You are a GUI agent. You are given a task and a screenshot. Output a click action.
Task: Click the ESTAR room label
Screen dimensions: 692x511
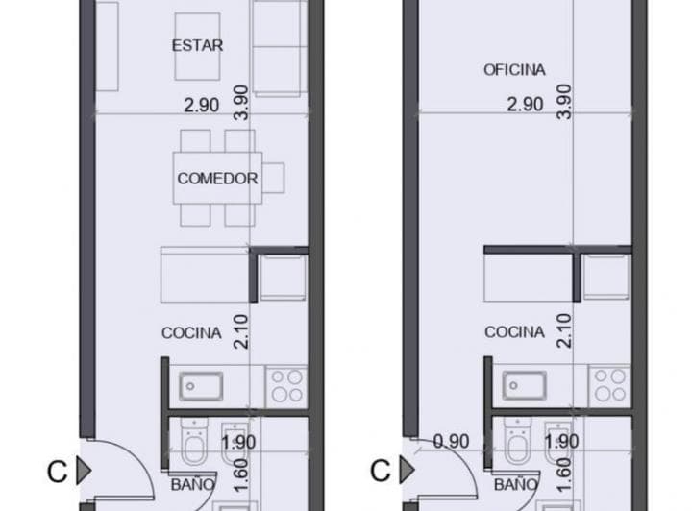(x=197, y=45)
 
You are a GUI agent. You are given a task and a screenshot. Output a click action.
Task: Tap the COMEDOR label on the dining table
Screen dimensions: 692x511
(x=217, y=179)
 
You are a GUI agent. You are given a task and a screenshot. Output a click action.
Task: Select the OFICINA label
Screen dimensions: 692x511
(x=514, y=70)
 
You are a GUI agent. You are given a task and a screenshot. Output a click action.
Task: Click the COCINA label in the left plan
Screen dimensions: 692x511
(x=191, y=333)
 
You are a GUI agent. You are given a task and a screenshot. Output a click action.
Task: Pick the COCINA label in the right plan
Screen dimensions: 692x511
(x=514, y=332)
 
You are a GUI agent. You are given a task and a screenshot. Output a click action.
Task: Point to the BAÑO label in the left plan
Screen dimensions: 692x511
(x=193, y=484)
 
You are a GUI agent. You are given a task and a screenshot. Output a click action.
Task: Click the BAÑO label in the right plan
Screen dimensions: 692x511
(x=516, y=484)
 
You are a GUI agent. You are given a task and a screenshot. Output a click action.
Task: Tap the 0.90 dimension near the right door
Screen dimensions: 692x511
(x=451, y=441)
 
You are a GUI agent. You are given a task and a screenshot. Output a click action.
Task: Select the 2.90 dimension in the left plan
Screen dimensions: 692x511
(x=201, y=106)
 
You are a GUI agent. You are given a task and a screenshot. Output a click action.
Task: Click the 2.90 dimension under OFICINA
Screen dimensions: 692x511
(x=525, y=105)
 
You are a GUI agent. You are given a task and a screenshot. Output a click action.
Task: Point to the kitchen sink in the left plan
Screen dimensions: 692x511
(x=201, y=387)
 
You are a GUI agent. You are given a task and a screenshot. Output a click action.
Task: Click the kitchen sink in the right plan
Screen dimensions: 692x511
(x=525, y=386)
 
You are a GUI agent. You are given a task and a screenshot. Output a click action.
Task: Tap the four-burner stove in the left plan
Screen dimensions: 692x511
(x=286, y=386)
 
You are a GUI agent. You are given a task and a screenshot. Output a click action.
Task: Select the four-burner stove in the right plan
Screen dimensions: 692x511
(x=609, y=385)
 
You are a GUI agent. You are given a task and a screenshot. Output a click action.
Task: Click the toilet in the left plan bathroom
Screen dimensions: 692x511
(x=193, y=441)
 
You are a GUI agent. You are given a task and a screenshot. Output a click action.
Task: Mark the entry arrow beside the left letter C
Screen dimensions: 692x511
(x=84, y=471)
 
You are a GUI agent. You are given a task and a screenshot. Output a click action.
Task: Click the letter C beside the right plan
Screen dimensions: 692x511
(x=380, y=471)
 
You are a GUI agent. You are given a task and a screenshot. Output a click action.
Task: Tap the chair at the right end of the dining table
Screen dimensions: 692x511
(x=273, y=178)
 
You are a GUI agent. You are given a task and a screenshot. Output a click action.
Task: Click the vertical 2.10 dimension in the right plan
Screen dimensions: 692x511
(x=564, y=330)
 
